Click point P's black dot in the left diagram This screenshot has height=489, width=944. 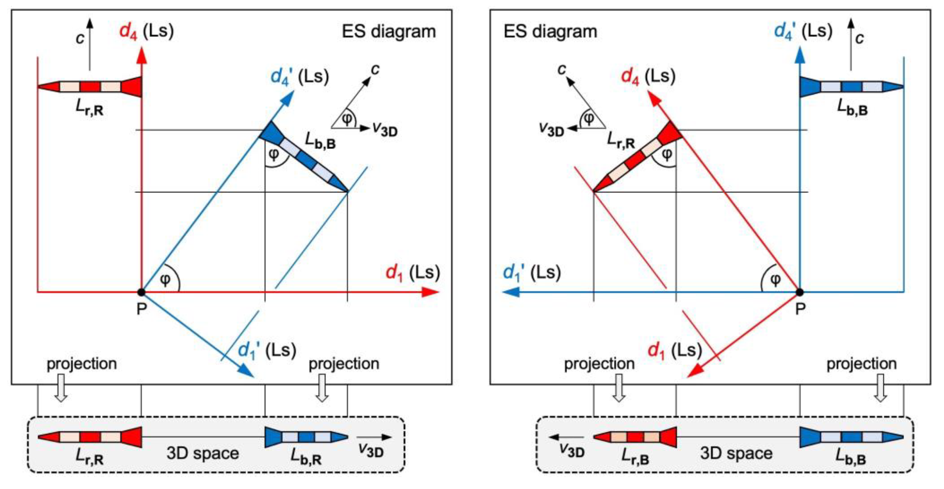tap(141, 292)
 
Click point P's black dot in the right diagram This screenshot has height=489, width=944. tap(800, 292)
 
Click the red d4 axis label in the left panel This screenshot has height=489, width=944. tap(128, 31)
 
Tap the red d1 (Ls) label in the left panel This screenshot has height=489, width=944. tap(412, 273)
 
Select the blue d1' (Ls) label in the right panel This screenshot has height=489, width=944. tap(531, 273)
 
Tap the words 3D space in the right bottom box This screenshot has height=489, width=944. tap(736, 453)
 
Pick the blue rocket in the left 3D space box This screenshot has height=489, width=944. tap(306, 437)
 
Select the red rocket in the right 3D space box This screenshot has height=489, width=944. tap(635, 437)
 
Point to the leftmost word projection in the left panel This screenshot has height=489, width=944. tap(82, 364)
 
